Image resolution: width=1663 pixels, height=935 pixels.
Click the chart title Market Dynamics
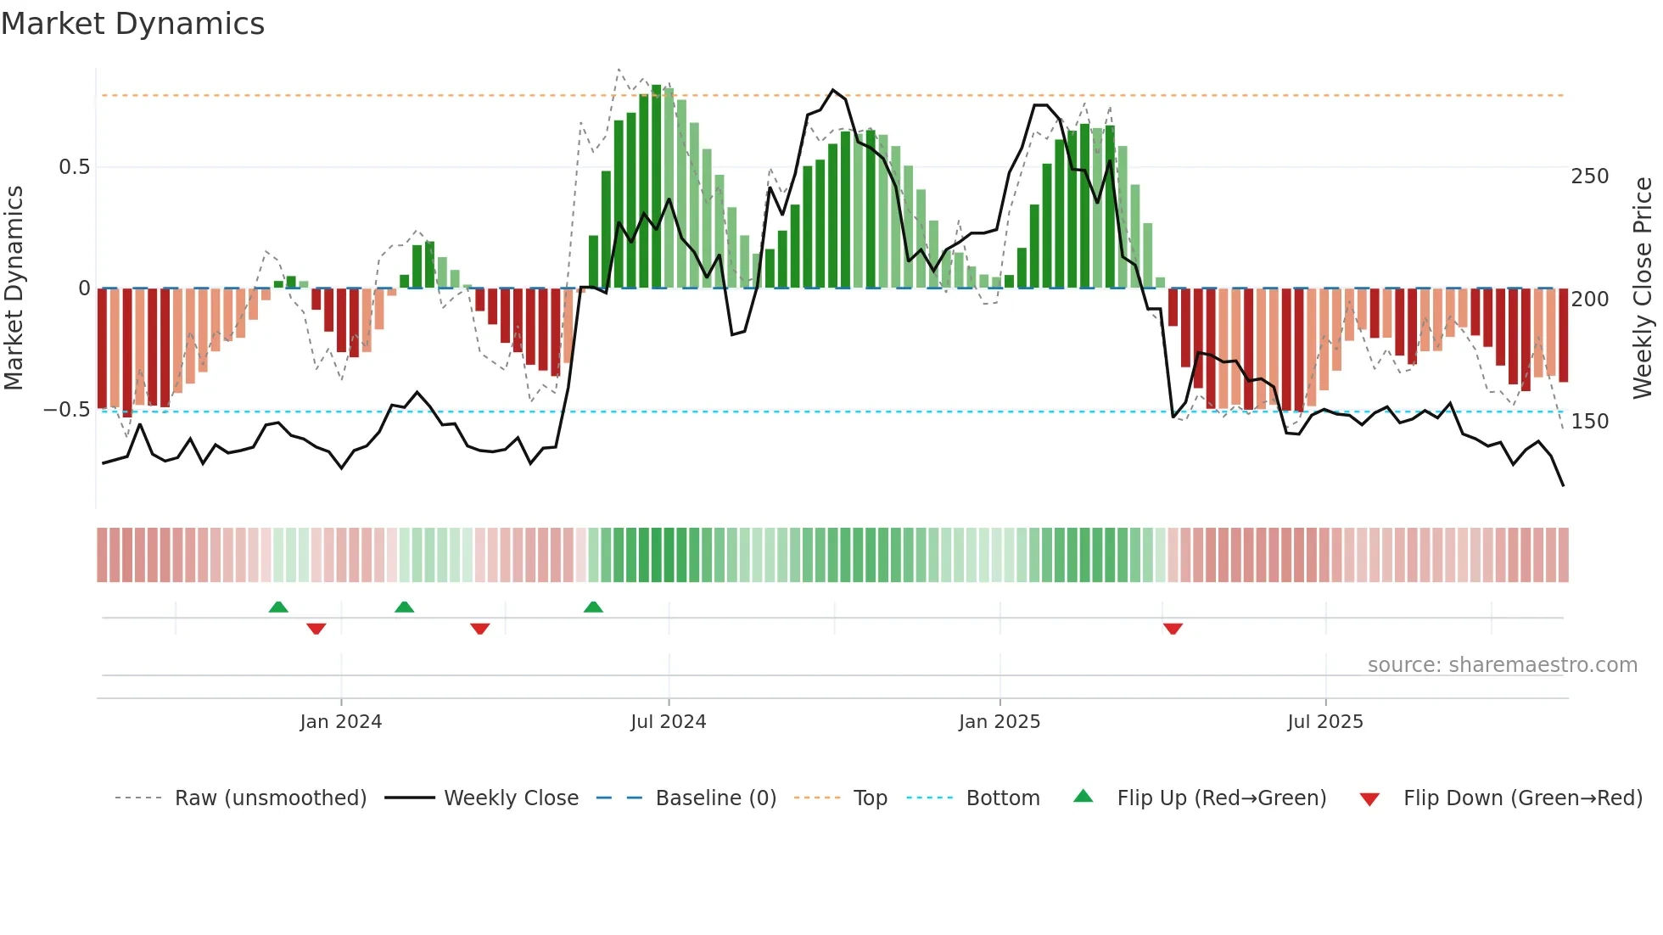point(132,24)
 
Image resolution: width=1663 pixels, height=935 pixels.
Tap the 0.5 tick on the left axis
point(74,167)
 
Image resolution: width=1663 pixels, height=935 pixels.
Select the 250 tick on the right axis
point(1589,176)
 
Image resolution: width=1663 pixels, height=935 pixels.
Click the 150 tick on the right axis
point(1589,422)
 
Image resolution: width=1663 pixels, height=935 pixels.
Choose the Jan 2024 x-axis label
point(340,722)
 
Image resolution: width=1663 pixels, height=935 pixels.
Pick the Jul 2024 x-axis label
point(668,722)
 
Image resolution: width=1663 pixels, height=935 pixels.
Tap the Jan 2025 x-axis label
point(999,722)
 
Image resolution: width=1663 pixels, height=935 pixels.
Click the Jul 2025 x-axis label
point(1324,722)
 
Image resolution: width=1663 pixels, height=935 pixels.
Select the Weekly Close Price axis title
point(1643,288)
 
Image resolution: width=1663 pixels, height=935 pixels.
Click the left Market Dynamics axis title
point(14,288)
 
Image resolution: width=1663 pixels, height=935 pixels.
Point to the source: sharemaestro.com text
point(1502,665)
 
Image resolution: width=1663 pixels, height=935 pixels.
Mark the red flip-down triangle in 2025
point(1173,629)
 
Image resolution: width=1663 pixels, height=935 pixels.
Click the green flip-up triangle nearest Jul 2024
point(593,607)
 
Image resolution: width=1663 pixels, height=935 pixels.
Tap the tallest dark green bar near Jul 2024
point(656,187)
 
